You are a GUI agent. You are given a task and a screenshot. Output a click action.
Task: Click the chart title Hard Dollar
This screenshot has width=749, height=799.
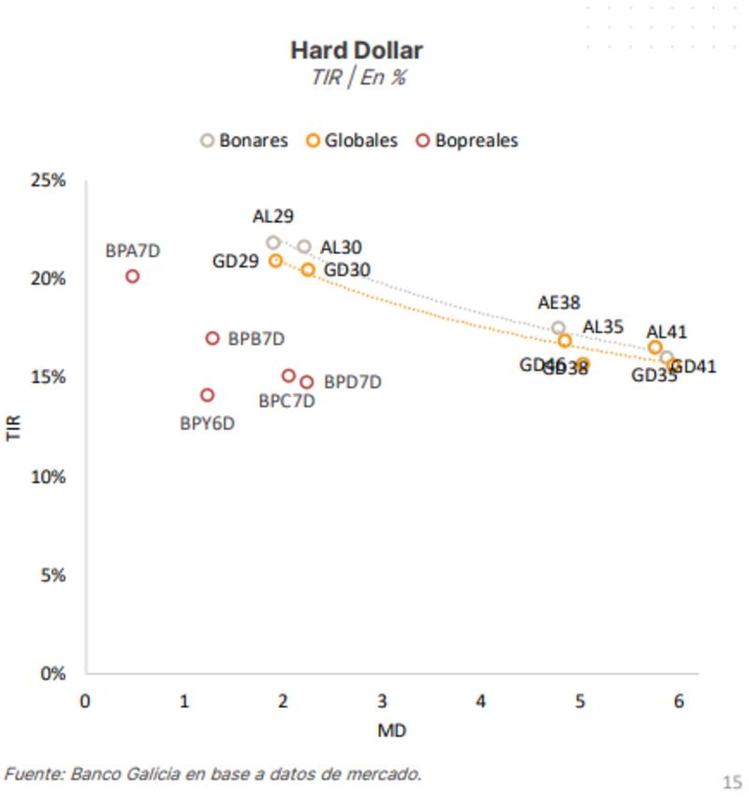pyautogui.click(x=356, y=50)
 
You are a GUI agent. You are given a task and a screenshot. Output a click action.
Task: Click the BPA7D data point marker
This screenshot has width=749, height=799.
pyautogui.click(x=133, y=276)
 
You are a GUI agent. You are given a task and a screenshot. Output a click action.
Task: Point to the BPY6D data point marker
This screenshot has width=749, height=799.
pyautogui.click(x=207, y=395)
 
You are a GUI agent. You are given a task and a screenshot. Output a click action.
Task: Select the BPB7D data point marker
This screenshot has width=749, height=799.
pyautogui.click(x=213, y=338)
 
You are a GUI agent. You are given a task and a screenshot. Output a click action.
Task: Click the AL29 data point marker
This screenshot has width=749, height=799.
pyautogui.click(x=273, y=243)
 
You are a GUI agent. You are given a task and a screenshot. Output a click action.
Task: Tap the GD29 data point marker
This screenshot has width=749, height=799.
pyautogui.click(x=276, y=260)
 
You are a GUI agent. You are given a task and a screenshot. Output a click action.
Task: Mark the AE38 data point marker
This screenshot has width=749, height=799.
pyautogui.click(x=559, y=328)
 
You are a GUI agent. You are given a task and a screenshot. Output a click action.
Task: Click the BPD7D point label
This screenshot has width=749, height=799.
pyautogui.click(x=352, y=382)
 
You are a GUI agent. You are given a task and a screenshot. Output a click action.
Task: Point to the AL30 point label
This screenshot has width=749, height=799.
pyautogui.click(x=341, y=247)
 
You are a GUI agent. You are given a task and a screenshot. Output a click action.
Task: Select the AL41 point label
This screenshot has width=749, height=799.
pyautogui.click(x=667, y=332)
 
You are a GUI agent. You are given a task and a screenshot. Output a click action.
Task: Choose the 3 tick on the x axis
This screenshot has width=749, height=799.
pyautogui.click(x=382, y=701)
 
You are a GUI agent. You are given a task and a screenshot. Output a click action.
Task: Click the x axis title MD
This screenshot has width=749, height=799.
pyautogui.click(x=391, y=731)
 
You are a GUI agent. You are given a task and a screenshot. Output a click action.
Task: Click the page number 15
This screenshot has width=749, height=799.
pyautogui.click(x=731, y=780)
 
